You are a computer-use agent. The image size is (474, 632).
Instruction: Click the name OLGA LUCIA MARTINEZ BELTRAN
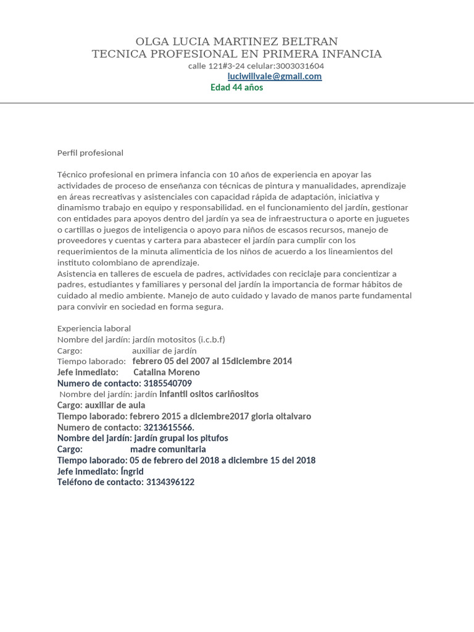236,42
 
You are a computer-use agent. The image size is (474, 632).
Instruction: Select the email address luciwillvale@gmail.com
275,77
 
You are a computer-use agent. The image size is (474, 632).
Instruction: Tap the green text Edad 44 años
237,88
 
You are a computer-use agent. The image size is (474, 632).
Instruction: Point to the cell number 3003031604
300,66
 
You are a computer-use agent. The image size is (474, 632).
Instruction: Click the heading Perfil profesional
90,153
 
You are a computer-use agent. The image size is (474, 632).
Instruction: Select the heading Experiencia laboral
94,328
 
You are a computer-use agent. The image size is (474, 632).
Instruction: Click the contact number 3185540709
167,383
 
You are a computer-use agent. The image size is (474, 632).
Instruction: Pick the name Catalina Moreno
167,372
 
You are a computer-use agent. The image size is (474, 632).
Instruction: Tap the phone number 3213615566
168,427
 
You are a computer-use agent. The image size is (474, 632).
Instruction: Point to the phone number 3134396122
170,482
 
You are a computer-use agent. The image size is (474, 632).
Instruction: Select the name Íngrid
132,472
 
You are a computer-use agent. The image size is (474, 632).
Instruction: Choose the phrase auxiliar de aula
115,405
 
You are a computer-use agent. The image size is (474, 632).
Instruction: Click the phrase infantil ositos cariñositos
209,394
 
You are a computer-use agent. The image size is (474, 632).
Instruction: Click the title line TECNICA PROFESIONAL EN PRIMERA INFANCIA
236,54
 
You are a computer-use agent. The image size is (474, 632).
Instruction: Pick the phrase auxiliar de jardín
164,351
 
